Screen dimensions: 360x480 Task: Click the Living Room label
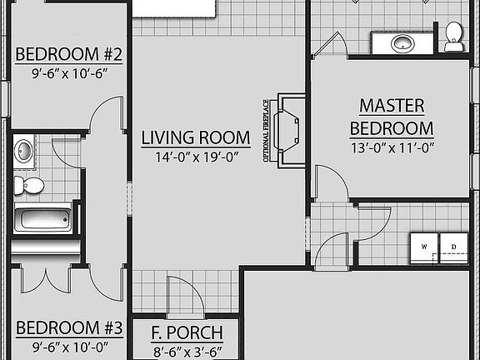(195, 137)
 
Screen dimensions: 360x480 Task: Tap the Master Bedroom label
(391, 117)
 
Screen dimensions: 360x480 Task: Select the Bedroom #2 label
(69, 56)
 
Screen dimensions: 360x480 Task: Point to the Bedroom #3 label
(69, 327)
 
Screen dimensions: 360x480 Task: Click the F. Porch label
(187, 334)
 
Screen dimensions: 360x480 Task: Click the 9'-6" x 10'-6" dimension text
(69, 73)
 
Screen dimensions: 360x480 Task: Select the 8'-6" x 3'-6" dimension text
(187, 352)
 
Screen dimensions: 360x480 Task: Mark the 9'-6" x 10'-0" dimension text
(69, 345)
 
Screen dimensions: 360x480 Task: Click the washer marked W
(424, 247)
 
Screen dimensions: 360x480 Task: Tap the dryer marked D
(454, 247)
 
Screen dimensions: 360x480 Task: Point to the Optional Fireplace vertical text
(267, 131)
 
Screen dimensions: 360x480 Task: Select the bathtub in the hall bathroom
(43, 221)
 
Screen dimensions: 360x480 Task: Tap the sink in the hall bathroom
(24, 151)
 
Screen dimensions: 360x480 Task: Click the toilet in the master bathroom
(454, 37)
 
